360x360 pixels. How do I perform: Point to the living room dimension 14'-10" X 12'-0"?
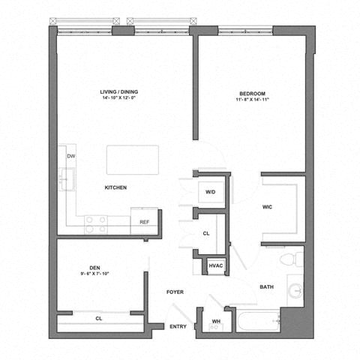[x=121, y=100]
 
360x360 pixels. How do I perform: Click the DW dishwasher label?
[x=70, y=156]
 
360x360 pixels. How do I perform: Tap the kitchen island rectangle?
[x=133, y=159]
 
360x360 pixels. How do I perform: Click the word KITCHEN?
[x=115, y=187]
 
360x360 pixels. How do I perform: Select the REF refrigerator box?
[x=144, y=222]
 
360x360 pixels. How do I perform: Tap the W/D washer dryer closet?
[x=211, y=192]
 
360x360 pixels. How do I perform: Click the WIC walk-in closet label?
[x=267, y=207]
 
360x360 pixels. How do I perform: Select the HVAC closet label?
[x=216, y=265]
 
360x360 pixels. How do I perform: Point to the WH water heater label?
[x=216, y=322]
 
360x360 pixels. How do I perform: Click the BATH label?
[x=266, y=287]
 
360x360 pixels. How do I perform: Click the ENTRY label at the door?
[x=178, y=326]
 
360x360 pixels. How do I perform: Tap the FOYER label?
[x=175, y=292]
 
